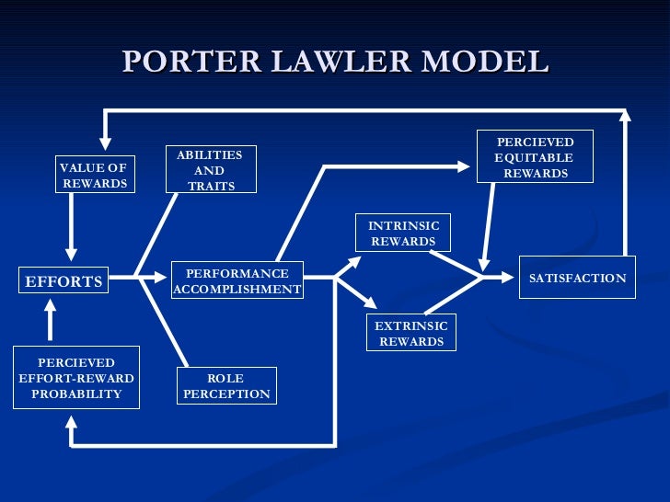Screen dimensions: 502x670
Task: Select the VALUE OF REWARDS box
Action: point(93,175)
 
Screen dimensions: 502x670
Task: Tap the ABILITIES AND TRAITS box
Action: point(211,170)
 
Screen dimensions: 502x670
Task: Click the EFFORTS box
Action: point(64,281)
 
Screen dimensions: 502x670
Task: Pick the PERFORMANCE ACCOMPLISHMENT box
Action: point(237,281)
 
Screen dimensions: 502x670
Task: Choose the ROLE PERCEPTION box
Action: point(226,386)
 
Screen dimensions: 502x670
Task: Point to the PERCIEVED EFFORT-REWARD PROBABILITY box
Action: point(76,379)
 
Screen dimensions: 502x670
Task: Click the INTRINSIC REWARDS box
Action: point(404,234)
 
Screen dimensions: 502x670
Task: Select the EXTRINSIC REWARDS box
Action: point(410,334)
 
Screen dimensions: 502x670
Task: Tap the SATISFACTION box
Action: point(577,279)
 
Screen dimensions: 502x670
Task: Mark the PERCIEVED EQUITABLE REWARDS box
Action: point(535,156)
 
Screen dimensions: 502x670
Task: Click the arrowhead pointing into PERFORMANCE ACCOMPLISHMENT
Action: point(163,275)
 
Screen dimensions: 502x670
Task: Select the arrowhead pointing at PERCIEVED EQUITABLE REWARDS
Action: point(462,166)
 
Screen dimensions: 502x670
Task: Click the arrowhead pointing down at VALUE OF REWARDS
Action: point(105,143)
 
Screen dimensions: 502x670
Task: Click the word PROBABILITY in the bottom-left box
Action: point(76,394)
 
